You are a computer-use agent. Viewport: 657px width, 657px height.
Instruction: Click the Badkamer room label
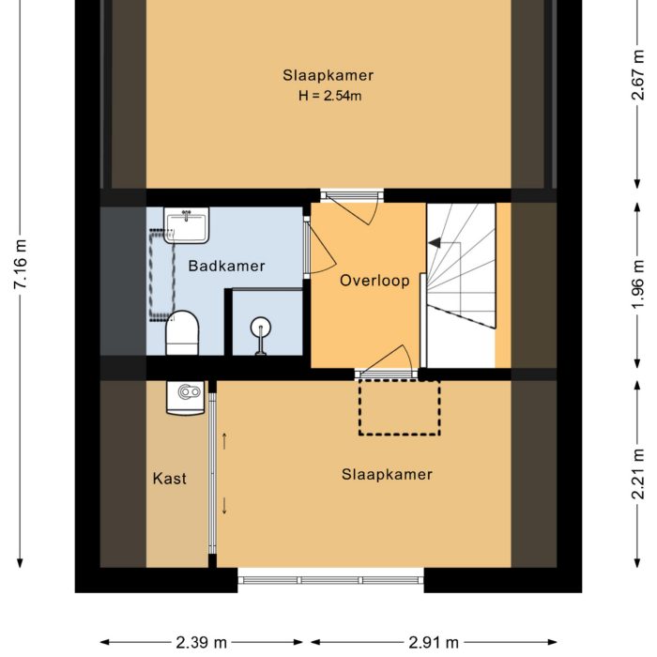pos(227,266)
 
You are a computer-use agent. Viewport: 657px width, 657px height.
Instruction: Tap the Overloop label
pos(374,281)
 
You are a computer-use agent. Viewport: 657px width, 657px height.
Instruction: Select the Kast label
pos(169,479)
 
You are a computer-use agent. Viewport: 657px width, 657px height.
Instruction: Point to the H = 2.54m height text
pos(329,96)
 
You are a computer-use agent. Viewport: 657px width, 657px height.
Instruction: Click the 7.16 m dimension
pos(20,265)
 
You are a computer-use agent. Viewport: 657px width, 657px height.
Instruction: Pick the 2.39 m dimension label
pos(201,642)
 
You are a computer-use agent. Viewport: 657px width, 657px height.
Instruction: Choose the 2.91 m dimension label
pos(434,642)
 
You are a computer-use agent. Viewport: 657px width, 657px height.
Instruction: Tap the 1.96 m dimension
pos(637,284)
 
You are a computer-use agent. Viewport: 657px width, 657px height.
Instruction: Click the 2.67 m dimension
pos(637,75)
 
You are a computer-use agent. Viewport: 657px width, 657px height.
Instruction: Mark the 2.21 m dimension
pos(637,474)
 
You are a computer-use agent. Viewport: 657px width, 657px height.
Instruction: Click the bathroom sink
pos(186,225)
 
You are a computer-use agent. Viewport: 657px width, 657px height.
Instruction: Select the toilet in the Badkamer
pos(182,333)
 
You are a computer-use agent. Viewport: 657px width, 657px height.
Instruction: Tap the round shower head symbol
pos(261,327)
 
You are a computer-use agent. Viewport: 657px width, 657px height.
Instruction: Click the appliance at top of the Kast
pos(186,398)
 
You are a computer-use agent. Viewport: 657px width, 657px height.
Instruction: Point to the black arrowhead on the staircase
pos(435,242)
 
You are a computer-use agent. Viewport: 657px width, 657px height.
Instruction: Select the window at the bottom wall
pos(331,580)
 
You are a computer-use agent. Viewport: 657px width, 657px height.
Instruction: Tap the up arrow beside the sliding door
pos(224,441)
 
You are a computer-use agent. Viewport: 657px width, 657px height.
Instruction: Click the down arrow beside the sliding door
pos(224,506)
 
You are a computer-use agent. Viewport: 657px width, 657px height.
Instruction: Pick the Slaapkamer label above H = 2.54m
pos(328,75)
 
